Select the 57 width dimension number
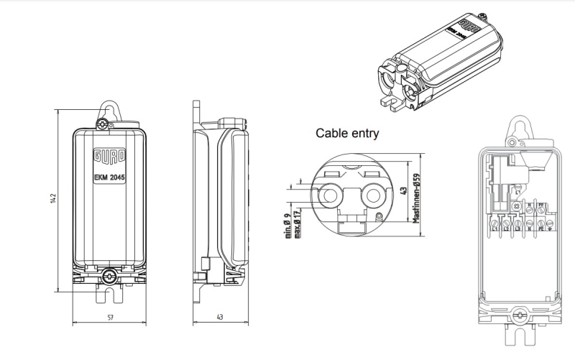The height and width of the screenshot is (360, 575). tap(109, 316)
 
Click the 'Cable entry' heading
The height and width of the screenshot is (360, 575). tap(347, 133)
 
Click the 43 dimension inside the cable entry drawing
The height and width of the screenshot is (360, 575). tap(403, 193)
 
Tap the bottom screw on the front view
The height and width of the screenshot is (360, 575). tap(109, 274)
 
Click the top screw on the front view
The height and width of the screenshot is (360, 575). tap(106, 124)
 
